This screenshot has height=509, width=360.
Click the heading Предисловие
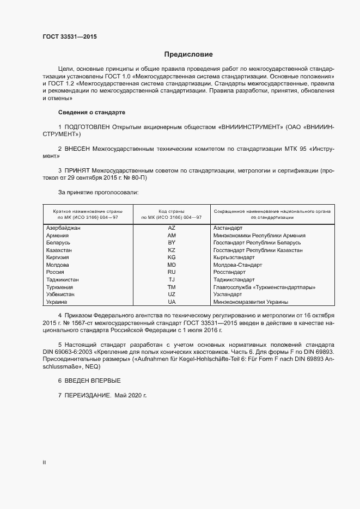coord(188,54)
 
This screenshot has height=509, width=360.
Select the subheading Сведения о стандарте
coord(91,112)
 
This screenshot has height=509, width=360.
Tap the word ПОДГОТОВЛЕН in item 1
coord(87,127)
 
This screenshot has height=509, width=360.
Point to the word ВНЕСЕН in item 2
coord(78,149)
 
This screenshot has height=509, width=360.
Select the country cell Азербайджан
coord(64,228)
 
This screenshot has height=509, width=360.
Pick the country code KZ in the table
coord(172,250)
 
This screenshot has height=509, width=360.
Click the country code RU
coord(172,272)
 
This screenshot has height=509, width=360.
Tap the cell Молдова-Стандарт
coord(237,265)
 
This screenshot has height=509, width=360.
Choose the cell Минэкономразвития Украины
coord(251,302)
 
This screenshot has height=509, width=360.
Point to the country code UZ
coord(172,294)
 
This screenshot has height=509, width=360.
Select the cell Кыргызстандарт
coord(234,257)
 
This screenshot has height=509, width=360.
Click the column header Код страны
coord(172,211)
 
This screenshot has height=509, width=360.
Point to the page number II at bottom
coord(45,463)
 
